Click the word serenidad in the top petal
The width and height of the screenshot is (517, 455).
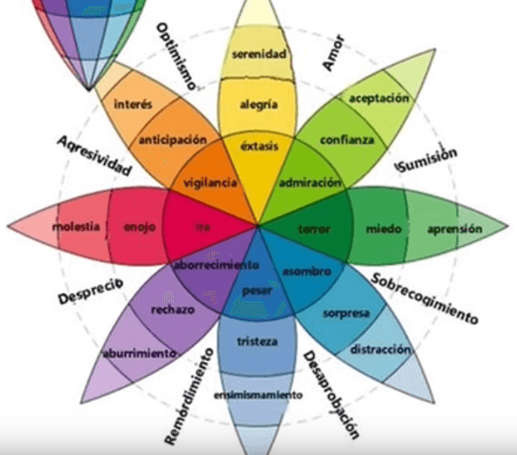click(259, 55)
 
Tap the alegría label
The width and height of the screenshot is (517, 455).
click(259, 106)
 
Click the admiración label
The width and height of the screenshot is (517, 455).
click(311, 183)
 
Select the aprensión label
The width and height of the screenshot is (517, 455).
click(454, 228)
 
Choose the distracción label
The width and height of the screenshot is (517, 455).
click(381, 349)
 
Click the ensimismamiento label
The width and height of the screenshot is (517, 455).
click(257, 395)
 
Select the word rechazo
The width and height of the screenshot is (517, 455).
click(173, 310)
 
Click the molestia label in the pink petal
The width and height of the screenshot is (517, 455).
click(76, 227)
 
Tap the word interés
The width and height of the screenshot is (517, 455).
click(131, 105)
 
